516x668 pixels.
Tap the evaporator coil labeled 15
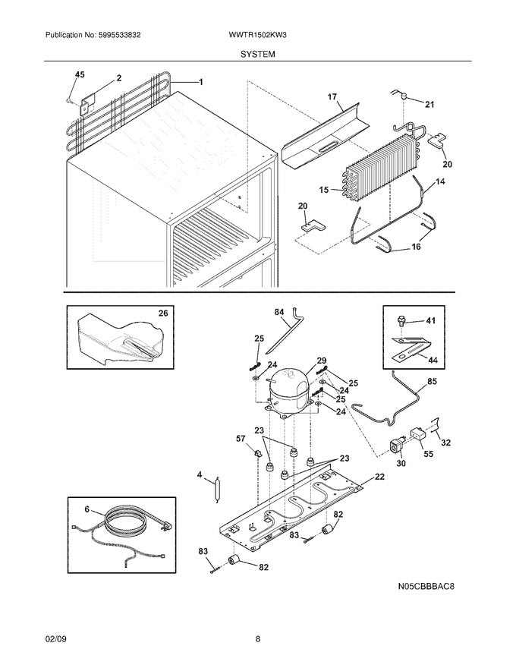tap(379, 170)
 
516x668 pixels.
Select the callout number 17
tap(332, 96)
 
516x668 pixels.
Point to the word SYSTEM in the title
tap(258, 55)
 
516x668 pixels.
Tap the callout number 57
tap(241, 440)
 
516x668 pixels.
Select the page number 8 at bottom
tap(258, 639)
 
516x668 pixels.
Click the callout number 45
tap(80, 74)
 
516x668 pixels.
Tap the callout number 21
tap(429, 104)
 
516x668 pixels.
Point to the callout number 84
tap(278, 311)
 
